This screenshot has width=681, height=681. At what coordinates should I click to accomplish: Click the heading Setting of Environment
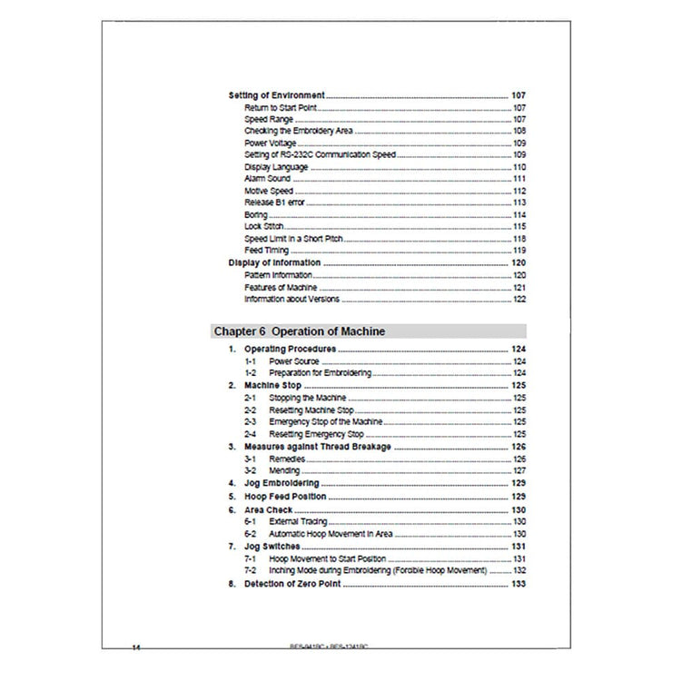[275, 95]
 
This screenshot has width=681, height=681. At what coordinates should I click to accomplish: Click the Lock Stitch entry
[264, 226]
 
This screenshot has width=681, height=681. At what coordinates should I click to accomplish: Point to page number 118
[519, 238]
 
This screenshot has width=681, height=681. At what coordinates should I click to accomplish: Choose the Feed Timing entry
[266, 250]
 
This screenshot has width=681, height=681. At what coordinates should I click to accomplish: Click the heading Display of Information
[273, 262]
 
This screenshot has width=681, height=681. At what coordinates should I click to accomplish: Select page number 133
[519, 584]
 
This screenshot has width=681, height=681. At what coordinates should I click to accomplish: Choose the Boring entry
[256, 214]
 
